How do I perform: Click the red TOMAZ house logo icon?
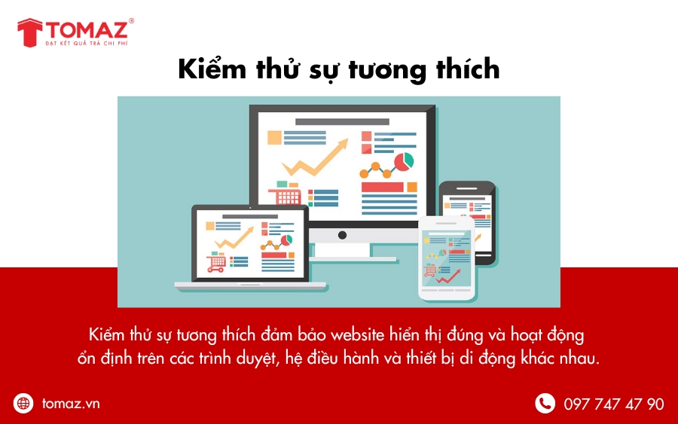30,32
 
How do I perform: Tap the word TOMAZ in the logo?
87,30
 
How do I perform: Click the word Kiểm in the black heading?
212,69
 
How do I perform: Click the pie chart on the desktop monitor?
404,161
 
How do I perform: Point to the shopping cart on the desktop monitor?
285,195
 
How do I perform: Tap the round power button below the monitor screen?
342,235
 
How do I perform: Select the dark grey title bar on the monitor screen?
342,122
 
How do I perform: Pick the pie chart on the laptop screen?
286,240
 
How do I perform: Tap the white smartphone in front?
447,258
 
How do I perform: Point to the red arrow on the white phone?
448,276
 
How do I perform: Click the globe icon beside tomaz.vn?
23,403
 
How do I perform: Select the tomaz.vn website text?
71,404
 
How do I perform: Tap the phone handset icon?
545,403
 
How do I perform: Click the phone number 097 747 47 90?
613,404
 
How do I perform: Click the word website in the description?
357,335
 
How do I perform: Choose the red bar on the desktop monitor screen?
382,188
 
